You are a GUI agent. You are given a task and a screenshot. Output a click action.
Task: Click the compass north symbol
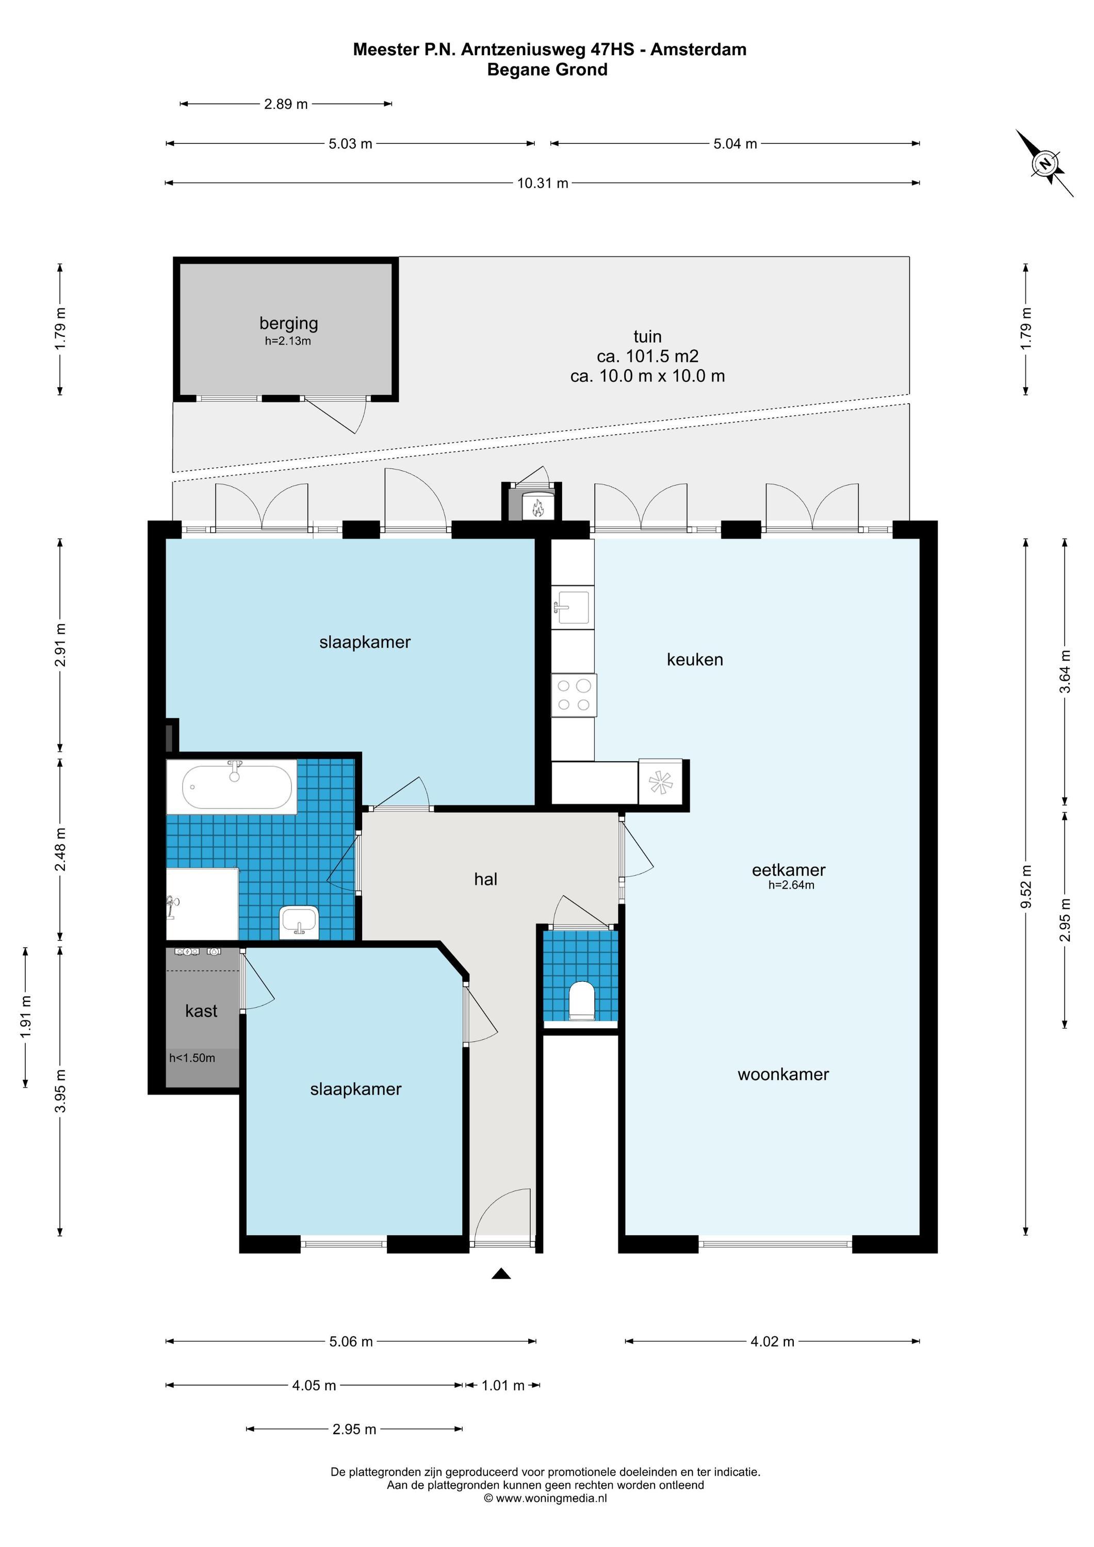tap(1045, 163)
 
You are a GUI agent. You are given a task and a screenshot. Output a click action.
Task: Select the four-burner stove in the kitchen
tap(574, 695)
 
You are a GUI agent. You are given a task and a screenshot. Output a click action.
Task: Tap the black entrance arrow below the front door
tap(501, 1274)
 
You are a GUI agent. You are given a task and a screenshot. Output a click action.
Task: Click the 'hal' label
tap(485, 879)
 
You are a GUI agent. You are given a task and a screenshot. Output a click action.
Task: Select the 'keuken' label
tap(695, 659)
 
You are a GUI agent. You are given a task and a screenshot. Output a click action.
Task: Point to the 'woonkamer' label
tap(783, 1074)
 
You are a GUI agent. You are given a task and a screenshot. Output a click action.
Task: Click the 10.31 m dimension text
tap(543, 183)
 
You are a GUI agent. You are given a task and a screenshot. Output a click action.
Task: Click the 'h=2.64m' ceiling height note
tap(791, 885)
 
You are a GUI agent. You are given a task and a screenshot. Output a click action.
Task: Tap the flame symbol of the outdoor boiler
tap(538, 507)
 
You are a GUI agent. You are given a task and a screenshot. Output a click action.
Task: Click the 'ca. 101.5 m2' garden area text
tap(647, 356)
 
